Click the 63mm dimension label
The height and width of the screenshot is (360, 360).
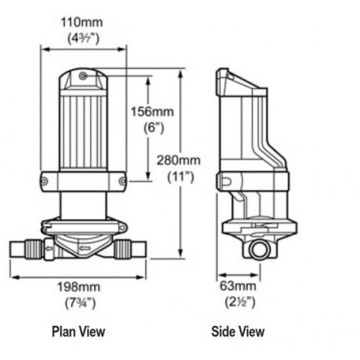(237, 286)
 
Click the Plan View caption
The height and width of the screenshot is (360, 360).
(78, 331)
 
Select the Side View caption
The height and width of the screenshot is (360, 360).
(238, 331)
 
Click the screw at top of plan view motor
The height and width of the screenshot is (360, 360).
(83, 76)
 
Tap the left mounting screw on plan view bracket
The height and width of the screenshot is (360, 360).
(45, 181)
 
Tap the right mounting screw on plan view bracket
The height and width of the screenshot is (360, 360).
(122, 181)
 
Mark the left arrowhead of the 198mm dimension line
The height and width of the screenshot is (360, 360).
(13, 277)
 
